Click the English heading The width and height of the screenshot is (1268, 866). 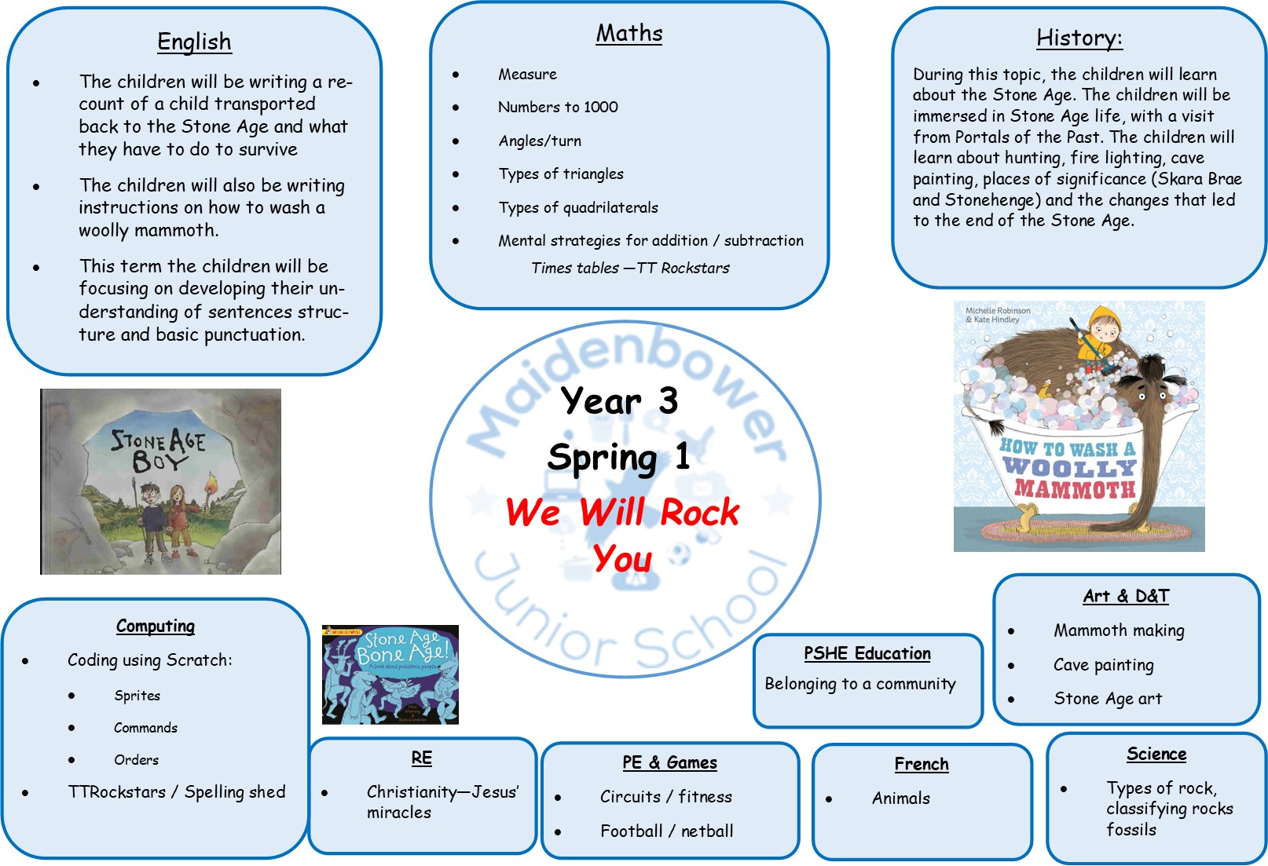point(194,42)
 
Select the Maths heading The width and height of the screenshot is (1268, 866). point(629,34)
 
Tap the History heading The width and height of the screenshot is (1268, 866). point(1079,38)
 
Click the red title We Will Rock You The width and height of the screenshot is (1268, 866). point(623,535)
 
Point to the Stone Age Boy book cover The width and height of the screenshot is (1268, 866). point(161,481)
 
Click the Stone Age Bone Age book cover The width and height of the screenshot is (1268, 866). point(390,674)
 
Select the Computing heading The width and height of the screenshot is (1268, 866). point(156,627)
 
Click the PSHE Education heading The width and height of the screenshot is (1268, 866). point(867,654)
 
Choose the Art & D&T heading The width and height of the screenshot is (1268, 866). point(1126,596)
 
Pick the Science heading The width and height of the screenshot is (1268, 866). point(1156,754)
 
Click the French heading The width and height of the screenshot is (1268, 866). point(922,764)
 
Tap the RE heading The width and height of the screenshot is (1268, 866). point(422,758)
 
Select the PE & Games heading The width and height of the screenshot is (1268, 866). point(669,762)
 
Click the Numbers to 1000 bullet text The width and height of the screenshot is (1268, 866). point(558,107)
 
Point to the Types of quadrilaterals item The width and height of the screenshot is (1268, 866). point(578,207)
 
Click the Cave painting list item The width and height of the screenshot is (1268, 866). point(1104,665)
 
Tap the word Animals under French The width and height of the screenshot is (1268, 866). point(901,798)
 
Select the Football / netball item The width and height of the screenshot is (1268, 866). point(667,831)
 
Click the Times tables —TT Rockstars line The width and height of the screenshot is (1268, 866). point(631,268)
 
